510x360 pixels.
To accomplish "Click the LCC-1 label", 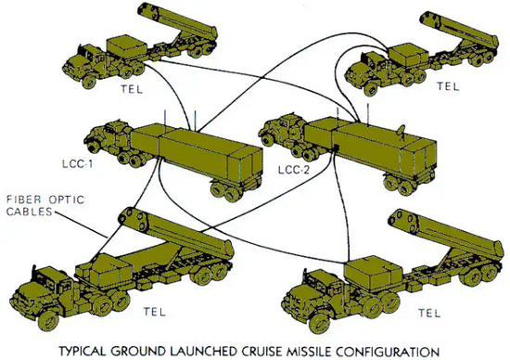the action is point(77,163).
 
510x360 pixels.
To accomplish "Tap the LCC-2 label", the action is point(294,170).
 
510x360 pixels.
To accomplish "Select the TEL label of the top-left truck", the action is point(132,89).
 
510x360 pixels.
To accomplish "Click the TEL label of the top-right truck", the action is point(448,86).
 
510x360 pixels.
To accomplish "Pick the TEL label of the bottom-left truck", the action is point(155,312).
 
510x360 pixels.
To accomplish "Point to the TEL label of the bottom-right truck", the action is point(429,313).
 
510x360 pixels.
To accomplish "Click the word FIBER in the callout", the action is point(23,199).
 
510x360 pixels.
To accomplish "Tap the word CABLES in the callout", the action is point(30,212).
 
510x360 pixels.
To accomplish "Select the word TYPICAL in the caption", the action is point(83,352).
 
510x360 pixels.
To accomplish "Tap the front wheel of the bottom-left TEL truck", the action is point(48,321).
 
